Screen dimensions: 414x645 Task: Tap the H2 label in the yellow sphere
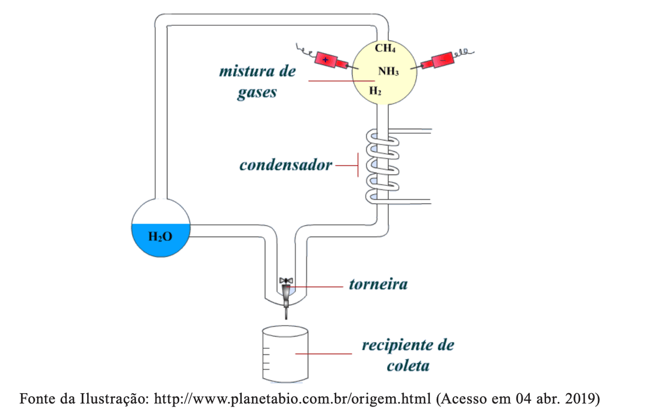click(x=375, y=91)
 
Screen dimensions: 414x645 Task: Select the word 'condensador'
click(x=285, y=165)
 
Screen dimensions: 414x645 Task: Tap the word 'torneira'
click(x=378, y=284)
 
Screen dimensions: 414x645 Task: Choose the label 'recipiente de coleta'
click(x=408, y=355)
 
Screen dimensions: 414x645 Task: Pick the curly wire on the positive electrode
click(x=306, y=49)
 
